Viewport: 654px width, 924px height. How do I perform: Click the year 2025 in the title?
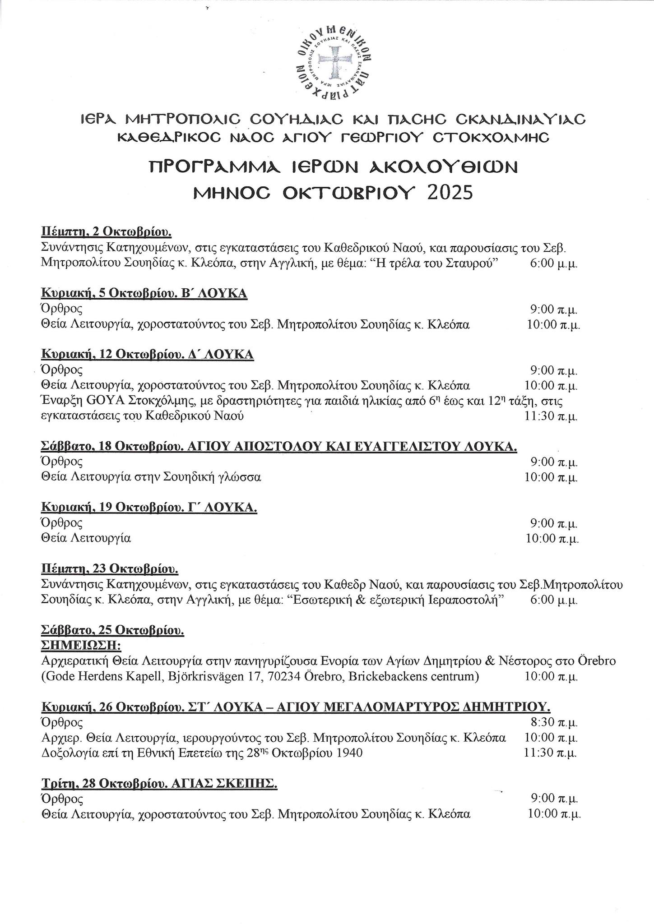(450, 193)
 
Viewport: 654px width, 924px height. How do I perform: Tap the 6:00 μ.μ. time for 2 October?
(553, 263)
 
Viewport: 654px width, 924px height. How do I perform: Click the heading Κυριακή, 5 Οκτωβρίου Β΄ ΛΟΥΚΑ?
(144, 293)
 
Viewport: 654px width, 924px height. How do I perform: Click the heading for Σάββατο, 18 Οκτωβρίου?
(278, 446)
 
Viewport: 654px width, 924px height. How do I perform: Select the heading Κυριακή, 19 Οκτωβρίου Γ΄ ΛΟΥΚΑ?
(149, 508)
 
